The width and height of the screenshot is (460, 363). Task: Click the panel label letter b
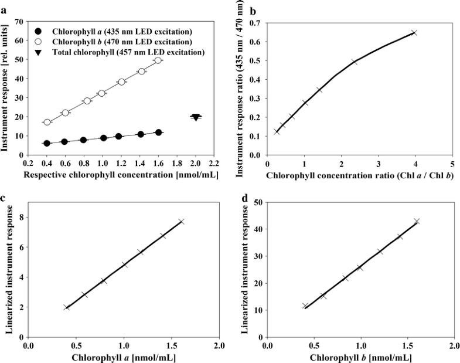238,11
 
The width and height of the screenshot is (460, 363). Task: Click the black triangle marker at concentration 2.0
196,117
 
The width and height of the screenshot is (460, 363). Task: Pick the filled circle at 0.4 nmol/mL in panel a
47,144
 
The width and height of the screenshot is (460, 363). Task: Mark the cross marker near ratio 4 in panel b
414,33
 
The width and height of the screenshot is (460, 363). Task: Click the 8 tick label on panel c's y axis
22,217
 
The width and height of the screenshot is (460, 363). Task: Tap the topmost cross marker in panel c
182,221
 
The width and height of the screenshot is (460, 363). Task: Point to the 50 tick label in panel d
257,202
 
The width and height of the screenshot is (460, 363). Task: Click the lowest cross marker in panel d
305,306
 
